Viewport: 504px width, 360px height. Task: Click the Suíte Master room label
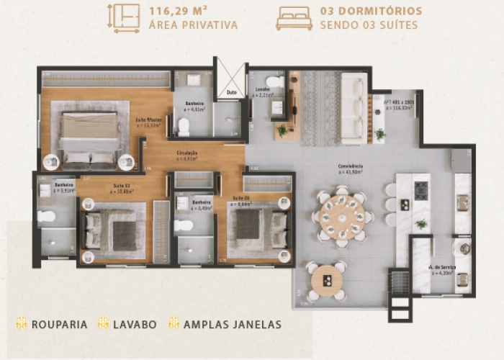[x=148, y=122]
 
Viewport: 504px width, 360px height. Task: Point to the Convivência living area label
[x=351, y=168]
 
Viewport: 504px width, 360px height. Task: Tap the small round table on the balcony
[x=326, y=280]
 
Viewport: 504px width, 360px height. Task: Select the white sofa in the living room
[x=354, y=107]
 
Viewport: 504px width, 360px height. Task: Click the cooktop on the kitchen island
[x=420, y=191]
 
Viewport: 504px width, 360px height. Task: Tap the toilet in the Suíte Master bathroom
[x=183, y=127]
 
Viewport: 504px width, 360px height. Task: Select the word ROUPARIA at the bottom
[x=59, y=324]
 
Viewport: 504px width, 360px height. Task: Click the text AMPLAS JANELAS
[x=230, y=324]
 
